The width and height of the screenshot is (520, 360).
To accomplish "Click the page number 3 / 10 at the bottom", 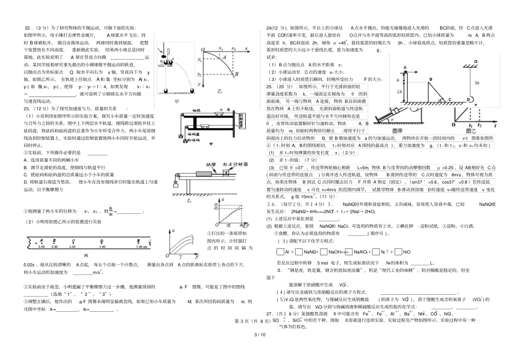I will [x=259, y=349].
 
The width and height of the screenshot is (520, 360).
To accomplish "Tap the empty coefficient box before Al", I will [x=281, y=252].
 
